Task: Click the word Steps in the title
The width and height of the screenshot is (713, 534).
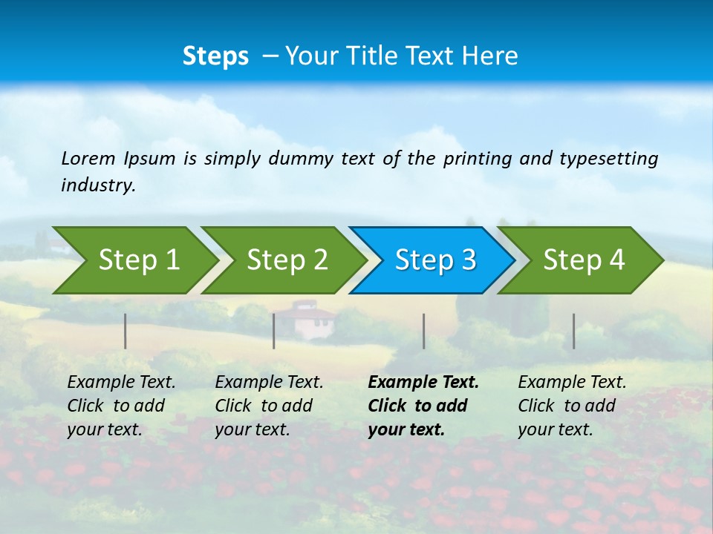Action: (215, 56)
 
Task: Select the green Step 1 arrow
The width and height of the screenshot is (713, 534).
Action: (134, 260)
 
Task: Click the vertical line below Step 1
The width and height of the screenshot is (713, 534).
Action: (126, 331)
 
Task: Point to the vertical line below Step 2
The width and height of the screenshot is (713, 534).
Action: (274, 331)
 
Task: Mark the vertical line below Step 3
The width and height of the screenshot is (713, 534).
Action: (423, 331)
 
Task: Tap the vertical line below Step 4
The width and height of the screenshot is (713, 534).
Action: (573, 331)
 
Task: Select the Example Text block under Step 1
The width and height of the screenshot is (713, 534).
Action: (120, 406)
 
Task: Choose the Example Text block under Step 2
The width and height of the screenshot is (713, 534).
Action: (268, 406)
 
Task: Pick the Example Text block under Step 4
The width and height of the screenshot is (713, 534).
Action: (571, 406)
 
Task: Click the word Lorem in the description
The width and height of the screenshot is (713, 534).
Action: (88, 158)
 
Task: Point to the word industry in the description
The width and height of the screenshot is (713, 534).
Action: (97, 185)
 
